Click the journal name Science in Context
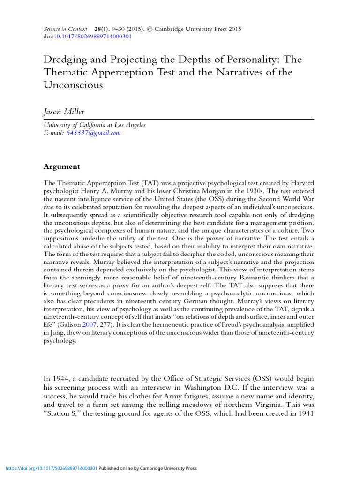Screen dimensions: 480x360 click(65, 29)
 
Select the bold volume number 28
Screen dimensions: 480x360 click(98, 29)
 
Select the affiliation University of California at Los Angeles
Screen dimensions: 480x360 click(94, 125)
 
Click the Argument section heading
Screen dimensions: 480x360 click(61, 166)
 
